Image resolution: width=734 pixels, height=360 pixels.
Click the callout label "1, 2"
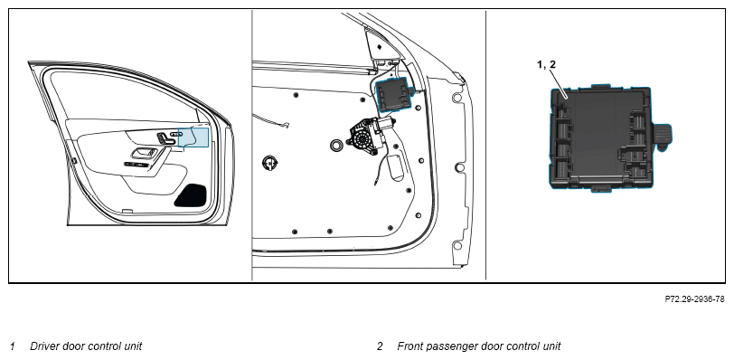(546, 64)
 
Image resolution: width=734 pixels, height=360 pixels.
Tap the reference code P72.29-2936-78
(694, 299)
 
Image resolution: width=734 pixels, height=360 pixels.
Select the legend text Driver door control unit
(86, 346)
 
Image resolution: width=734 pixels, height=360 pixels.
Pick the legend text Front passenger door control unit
(479, 346)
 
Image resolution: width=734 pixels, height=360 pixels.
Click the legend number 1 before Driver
(13, 346)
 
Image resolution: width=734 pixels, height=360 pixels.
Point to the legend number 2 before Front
(380, 346)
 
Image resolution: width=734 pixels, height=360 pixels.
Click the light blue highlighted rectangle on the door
(193, 137)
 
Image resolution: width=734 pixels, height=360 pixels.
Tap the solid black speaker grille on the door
(191, 195)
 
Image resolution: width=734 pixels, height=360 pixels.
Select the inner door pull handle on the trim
(146, 153)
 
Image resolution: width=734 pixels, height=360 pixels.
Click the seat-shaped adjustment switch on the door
(164, 138)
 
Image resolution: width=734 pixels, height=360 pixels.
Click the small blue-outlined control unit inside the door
(394, 95)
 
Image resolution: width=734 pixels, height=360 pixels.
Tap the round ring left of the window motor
(335, 145)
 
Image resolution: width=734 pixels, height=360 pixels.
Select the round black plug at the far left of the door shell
(270, 163)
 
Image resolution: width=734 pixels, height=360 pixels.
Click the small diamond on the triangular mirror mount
(379, 46)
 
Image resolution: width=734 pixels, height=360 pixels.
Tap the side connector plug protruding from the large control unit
(661, 137)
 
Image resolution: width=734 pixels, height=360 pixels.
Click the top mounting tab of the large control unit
(599, 86)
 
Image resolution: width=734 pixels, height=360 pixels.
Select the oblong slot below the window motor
(397, 168)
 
